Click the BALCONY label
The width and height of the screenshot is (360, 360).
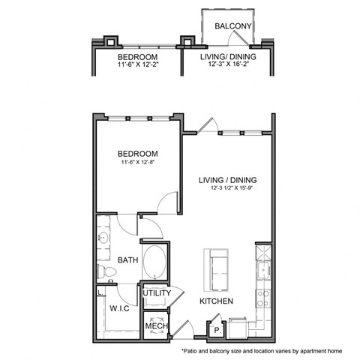[x=231, y=26]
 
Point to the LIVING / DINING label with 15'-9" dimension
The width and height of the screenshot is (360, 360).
[x=228, y=180]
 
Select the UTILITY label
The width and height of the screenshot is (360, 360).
[x=157, y=293]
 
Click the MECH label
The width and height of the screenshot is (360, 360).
[x=155, y=327]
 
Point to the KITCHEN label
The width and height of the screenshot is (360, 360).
[x=216, y=301]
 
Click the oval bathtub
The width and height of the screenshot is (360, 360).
[x=155, y=260]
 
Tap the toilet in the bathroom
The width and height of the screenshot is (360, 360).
[x=104, y=271]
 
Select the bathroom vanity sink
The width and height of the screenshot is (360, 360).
[x=103, y=239]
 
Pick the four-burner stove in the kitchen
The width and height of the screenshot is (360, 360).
[x=262, y=298]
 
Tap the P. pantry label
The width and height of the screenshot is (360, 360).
[x=216, y=328]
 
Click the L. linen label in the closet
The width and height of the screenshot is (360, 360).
[x=100, y=292]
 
